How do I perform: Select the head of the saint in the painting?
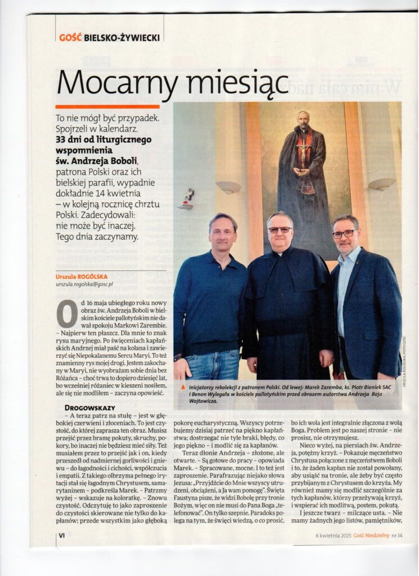(304, 120)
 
